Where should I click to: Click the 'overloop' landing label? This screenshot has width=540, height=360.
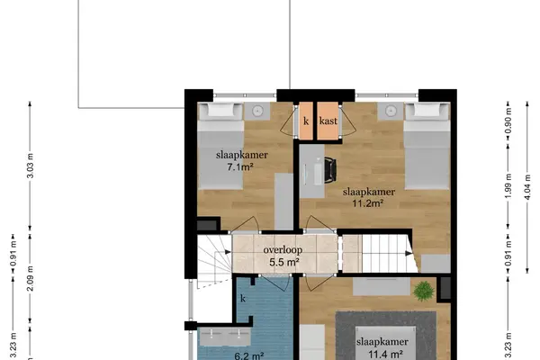(283, 250)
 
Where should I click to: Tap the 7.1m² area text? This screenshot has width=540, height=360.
(240, 167)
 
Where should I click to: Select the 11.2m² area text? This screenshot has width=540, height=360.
(368, 203)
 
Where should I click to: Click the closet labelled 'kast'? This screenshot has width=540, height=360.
(328, 121)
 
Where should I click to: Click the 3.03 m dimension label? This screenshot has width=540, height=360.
(31, 166)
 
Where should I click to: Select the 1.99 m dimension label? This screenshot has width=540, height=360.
(508, 186)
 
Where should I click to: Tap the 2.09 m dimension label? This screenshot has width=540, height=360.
(31, 278)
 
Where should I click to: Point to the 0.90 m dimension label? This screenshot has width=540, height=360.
(508, 121)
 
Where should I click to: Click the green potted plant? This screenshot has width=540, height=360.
(424, 291)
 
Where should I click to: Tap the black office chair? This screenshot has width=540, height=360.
(330, 170)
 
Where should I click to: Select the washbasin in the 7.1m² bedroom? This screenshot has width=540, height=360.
(257, 111)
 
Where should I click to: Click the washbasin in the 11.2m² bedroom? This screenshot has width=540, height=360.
(391, 111)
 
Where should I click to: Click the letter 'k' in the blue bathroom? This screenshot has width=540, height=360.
(243, 298)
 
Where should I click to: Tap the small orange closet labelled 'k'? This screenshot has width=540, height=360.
(306, 121)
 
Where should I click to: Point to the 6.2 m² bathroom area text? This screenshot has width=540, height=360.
(249, 355)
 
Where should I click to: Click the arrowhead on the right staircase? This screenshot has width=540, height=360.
(409, 254)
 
